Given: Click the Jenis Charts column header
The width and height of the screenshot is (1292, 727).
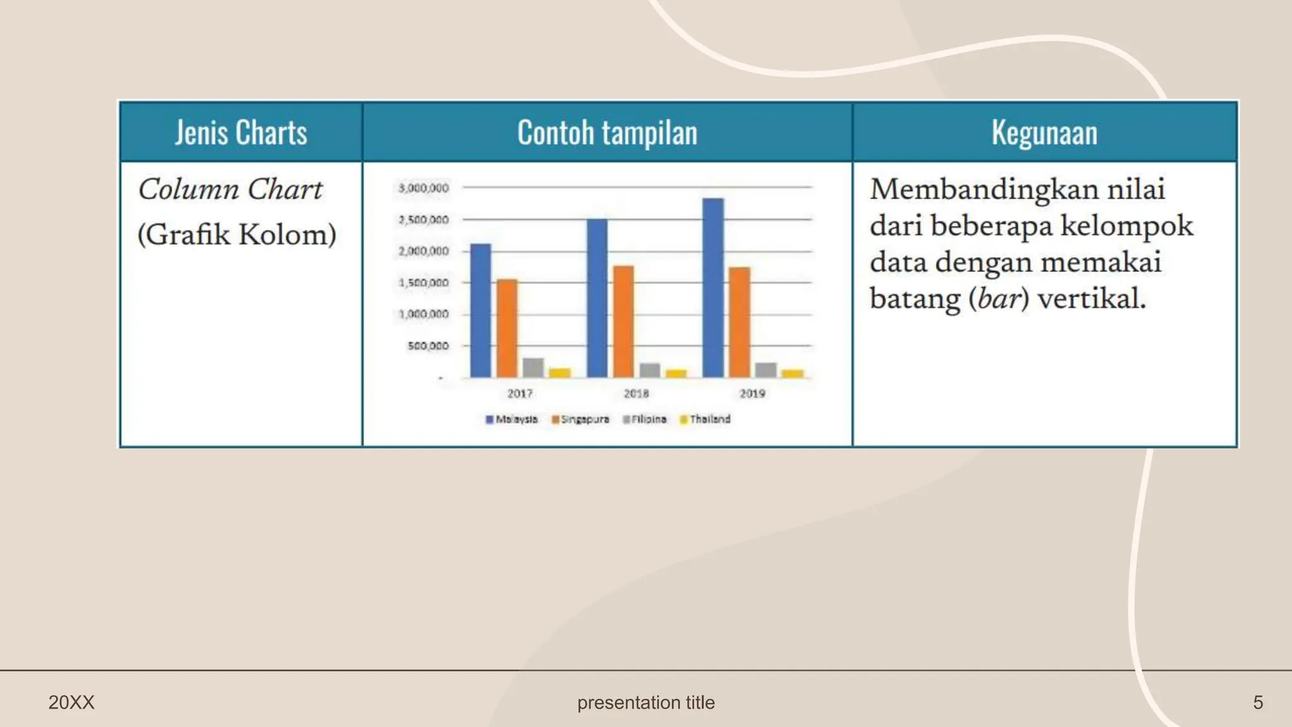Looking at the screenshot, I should pos(241,133).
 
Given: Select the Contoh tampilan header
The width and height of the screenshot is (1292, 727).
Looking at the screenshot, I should pos(607,133).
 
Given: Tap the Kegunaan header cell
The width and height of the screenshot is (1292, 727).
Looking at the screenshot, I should pos(1044,133).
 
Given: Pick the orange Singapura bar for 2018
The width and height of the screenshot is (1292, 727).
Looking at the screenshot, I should pos(623,321).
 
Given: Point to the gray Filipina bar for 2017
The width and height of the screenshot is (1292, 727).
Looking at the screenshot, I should pos(533,367).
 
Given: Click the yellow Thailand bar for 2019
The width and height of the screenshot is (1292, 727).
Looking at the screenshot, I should pos(792,373).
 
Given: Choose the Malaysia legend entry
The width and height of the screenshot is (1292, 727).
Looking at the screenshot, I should pos(512,419).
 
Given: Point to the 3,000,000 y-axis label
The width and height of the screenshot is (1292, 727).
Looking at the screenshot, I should pos(423,188).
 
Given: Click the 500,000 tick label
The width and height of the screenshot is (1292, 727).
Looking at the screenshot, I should pos(428,346).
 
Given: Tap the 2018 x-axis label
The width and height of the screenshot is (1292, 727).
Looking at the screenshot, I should pos(636,393).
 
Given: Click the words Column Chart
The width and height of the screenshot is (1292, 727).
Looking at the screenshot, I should pos(230,189).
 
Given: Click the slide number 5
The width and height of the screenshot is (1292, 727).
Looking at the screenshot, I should pos(1258,702).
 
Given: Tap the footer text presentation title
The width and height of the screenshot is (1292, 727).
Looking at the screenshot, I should pos(646,702).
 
